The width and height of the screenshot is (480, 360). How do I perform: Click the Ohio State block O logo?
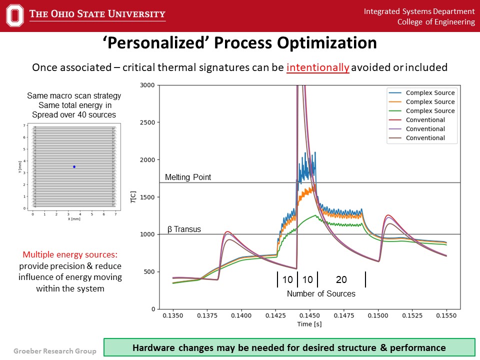coord(15,15)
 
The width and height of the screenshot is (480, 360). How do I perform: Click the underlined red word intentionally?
coord(317,67)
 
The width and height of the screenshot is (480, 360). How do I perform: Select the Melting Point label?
coord(188,177)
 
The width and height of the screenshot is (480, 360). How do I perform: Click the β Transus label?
coord(184,229)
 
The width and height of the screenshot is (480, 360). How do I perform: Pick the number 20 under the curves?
coord(341,279)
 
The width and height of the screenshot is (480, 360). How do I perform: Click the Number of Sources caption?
coord(321,294)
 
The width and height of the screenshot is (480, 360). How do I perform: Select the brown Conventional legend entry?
coord(425,138)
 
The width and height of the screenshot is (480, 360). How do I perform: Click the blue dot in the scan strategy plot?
coord(74,167)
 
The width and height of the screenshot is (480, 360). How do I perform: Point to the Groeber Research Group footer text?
coord(54,351)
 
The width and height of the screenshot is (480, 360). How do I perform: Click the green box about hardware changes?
coord(289,347)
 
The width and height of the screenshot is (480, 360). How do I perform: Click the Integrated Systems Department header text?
coord(419,11)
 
